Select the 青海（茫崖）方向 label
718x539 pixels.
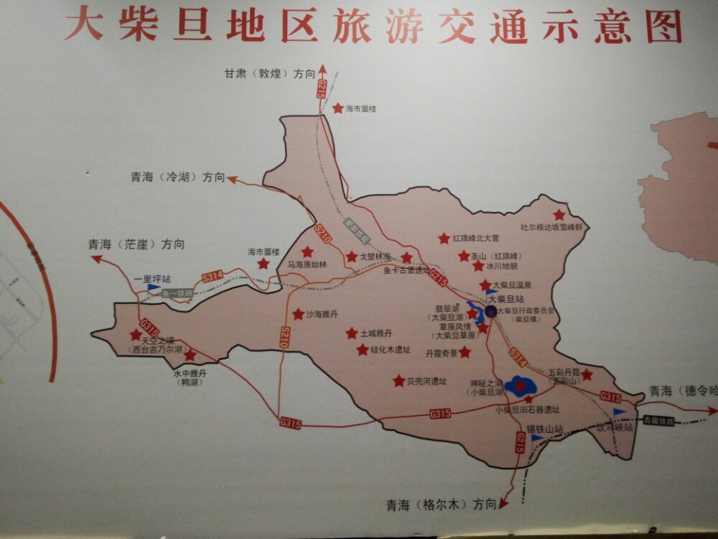pos(136,244)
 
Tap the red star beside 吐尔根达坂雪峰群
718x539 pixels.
pos(559,215)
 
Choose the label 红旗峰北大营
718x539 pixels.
pos(475,238)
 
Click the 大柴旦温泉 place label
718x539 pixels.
pos(516,285)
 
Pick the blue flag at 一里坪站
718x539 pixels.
pos(153,287)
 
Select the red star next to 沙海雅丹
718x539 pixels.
pos(298,314)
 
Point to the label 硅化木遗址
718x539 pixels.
pos(391,350)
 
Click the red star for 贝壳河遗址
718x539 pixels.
pos(398,381)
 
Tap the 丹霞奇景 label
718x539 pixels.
pos(441,353)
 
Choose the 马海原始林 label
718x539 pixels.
pos(307,264)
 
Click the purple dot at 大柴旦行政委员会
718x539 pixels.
pos(490,311)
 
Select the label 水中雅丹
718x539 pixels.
pos(190,373)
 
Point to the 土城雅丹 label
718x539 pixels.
pos(377,333)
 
